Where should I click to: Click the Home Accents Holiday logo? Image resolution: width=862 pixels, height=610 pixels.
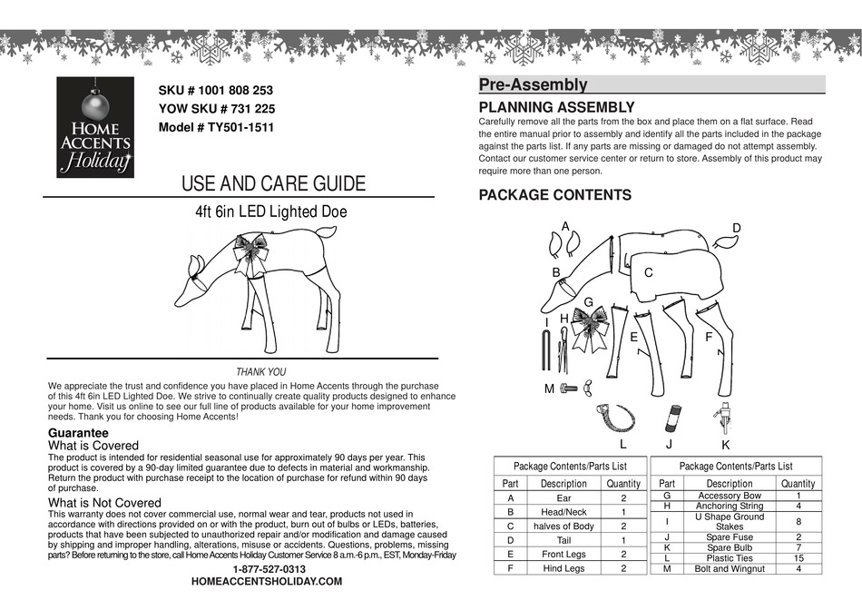pos(95,126)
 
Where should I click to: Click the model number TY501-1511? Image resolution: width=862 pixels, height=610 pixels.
pos(216,128)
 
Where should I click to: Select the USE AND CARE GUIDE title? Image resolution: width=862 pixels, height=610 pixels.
pos(273,184)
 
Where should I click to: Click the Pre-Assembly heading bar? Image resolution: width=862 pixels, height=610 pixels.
pos(651,85)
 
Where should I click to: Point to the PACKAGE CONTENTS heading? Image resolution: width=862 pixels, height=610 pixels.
pos(554,195)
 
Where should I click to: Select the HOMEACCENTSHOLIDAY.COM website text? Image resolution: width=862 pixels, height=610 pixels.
pos(267,581)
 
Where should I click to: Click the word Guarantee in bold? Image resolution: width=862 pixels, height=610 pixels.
pos(78,433)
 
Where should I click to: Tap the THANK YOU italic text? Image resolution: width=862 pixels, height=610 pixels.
pos(260,372)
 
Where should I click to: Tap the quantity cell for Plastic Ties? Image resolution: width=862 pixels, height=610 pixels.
pos(798,558)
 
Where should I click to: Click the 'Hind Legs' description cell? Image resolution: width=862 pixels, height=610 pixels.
pos(563,568)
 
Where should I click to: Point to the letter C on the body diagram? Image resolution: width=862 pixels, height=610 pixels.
pos(649,272)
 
